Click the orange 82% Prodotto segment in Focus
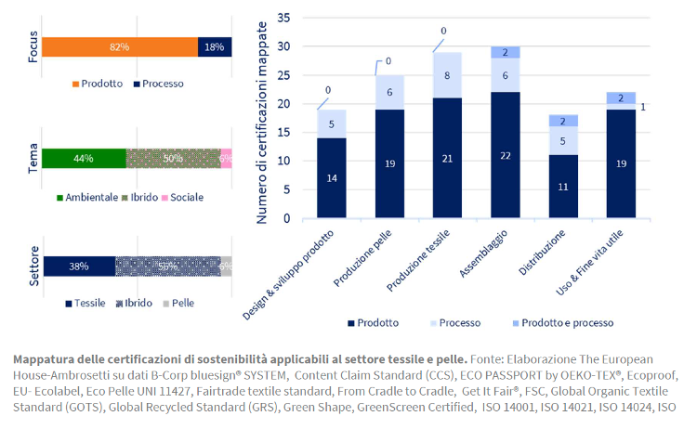pyautogui.click(x=120, y=46)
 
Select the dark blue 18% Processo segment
pyautogui.click(x=215, y=46)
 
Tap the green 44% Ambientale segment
pyautogui.click(x=84, y=159)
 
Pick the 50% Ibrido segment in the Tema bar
pyautogui.click(x=173, y=159)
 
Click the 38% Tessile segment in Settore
pyautogui.click(x=79, y=266)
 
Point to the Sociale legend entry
pyautogui.click(x=185, y=197)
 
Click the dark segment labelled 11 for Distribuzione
pyautogui.click(x=564, y=186)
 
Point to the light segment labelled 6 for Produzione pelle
pyautogui.click(x=388, y=92)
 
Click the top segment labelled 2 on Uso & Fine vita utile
pyautogui.click(x=621, y=97)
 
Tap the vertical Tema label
pyautogui.click(x=33, y=158)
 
